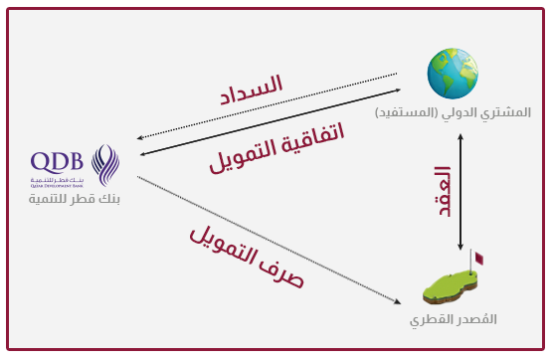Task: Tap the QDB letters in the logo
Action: click(x=60, y=162)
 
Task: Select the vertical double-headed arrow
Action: click(x=459, y=191)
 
